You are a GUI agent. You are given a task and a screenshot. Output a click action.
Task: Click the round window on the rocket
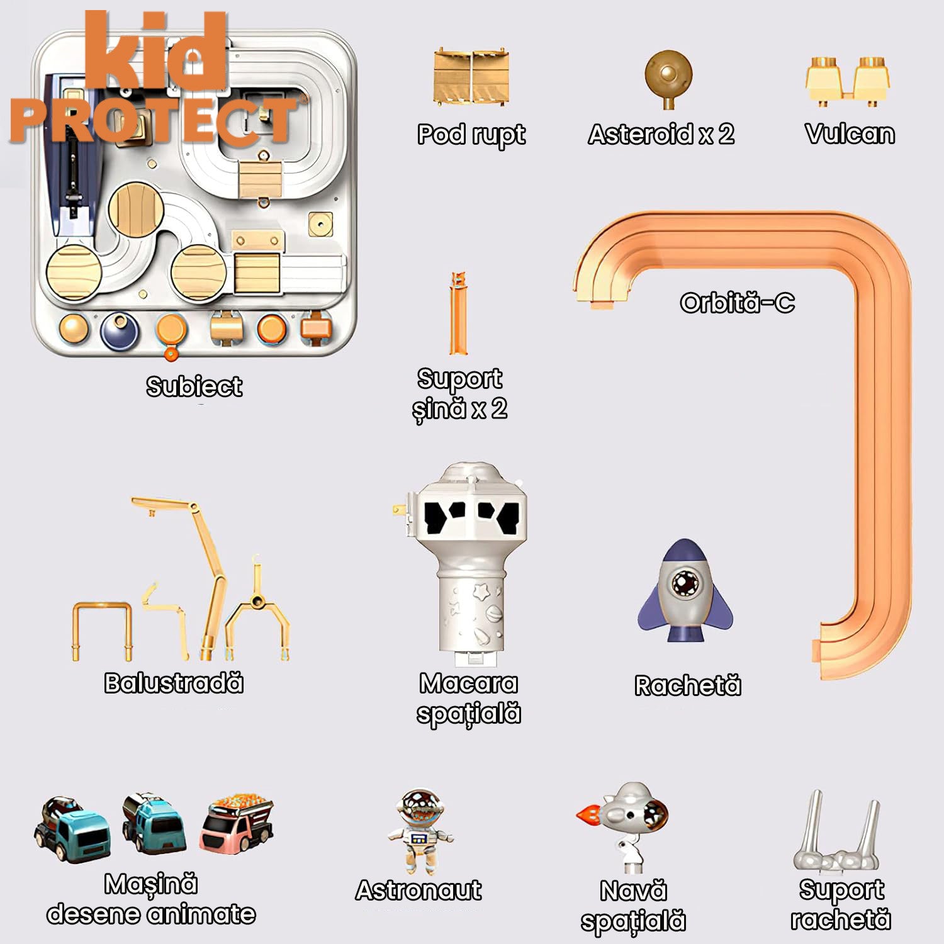(x=682, y=583)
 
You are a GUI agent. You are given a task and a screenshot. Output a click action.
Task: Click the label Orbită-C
(x=737, y=303)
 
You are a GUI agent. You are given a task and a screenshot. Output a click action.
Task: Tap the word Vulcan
(x=850, y=134)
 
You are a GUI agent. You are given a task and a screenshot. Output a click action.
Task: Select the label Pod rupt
(x=471, y=135)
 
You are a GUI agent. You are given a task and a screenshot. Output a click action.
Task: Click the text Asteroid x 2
(x=661, y=134)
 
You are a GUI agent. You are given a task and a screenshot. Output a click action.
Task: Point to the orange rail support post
(x=458, y=313)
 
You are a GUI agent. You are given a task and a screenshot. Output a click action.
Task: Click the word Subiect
(x=194, y=386)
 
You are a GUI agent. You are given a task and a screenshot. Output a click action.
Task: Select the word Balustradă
(x=174, y=683)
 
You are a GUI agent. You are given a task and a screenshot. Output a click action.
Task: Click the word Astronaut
(x=419, y=891)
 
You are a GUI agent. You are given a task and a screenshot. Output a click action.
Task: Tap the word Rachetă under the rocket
(x=687, y=685)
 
